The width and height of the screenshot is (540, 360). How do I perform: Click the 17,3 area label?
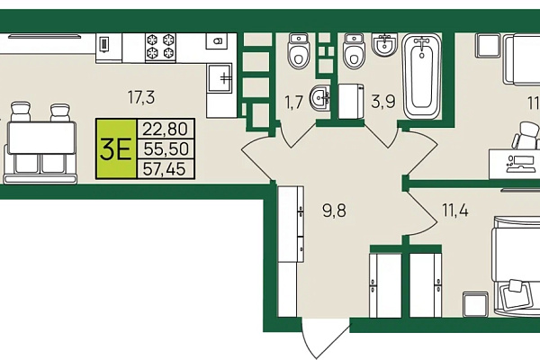tap(141, 97)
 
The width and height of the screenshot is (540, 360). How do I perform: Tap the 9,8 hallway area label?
tap(334, 211)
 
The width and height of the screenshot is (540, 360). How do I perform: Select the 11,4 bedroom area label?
tap(455, 210)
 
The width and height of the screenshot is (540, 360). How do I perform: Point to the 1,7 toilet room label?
tap(293, 103)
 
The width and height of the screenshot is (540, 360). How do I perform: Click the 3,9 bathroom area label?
tap(383, 102)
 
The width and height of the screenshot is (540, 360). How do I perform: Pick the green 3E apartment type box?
tap(116, 148)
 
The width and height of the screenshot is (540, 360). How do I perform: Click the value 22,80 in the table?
tap(166, 130)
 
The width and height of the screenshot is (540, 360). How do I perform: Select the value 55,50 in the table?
tap(166, 148)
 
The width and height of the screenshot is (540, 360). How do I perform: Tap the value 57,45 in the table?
tap(165, 169)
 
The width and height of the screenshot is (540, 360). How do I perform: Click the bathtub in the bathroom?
tap(422, 76)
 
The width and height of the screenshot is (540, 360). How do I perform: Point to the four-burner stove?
tap(160, 48)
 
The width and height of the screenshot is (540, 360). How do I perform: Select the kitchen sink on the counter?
tap(220, 77)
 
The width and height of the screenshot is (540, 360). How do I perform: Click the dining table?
tap(42, 138)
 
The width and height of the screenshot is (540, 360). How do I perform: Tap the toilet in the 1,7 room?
tap(299, 51)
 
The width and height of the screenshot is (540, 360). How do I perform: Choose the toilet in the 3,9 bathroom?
tap(354, 51)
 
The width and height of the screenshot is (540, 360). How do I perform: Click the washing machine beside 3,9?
tap(351, 102)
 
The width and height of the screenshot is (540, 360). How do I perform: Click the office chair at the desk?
tap(526, 136)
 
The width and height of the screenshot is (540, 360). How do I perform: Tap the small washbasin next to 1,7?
tap(319, 98)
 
